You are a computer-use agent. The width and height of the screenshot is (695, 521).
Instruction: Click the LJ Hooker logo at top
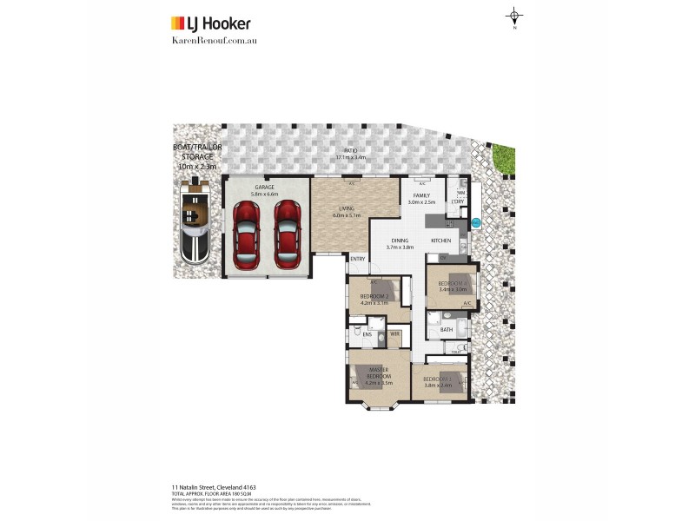[211, 23]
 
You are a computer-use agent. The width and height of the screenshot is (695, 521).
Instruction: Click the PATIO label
[350, 152]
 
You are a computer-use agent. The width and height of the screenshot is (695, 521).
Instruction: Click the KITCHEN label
[442, 240]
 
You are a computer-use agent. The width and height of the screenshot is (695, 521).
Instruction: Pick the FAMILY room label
[421, 196]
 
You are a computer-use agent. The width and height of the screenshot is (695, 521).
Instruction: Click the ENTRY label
[357, 259]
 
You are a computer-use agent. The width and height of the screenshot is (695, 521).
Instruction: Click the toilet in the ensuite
[356, 330]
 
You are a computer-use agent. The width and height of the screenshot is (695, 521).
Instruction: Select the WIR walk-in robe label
[394, 333]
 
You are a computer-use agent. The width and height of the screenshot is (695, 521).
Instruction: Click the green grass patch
[503, 157]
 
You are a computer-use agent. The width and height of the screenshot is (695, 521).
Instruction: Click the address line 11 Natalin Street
[213, 487]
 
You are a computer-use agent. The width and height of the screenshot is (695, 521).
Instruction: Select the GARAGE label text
[265, 187]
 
